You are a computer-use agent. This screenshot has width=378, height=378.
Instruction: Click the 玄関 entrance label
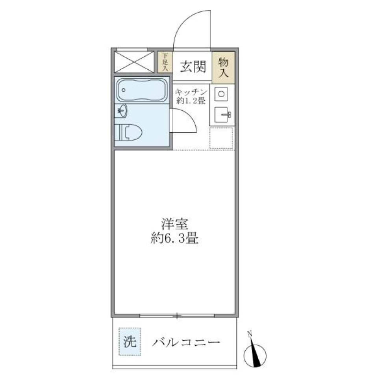pos(193,67)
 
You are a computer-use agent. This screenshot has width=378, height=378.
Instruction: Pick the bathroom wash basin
pos(122,112)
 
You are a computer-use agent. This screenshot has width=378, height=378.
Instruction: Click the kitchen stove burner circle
pos(222,94)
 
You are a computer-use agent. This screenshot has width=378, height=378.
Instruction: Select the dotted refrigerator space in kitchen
pos(221,138)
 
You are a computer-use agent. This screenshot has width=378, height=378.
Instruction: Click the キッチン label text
pos(191,92)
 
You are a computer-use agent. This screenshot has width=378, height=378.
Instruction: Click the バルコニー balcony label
pos(186,342)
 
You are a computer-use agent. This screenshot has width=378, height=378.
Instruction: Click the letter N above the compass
pos(250,334)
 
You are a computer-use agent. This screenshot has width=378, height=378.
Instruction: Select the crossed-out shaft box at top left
pos(133,62)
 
